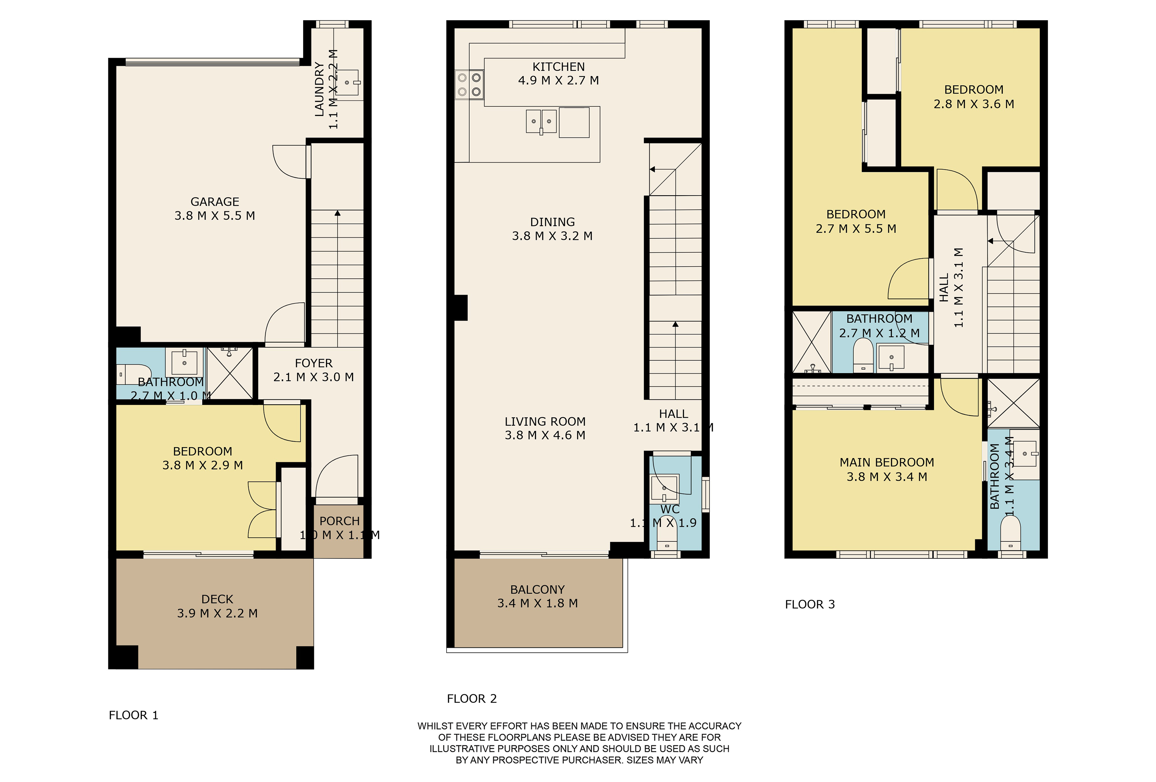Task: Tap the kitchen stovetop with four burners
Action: tap(469, 85)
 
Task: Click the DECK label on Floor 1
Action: tap(217, 599)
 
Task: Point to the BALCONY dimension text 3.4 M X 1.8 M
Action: tap(537, 603)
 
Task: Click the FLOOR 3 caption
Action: tap(809, 604)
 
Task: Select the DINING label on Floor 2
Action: tap(552, 222)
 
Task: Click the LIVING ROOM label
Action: tap(545, 422)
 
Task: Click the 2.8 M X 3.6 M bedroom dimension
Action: tap(973, 104)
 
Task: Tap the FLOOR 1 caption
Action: tap(133, 715)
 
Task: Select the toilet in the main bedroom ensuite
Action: tap(1010, 533)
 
